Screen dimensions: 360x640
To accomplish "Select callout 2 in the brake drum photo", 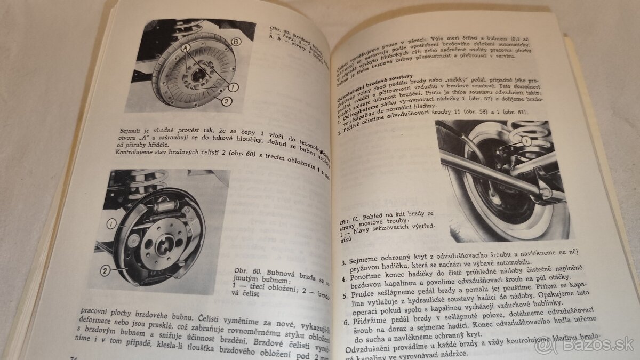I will click(x=227, y=100).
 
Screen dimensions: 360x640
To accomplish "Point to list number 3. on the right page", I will click(x=343, y=262).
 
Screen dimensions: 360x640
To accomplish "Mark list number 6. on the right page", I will click(x=346, y=322).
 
